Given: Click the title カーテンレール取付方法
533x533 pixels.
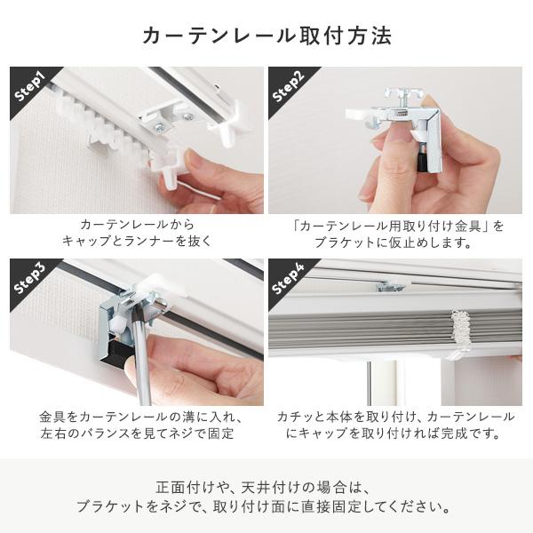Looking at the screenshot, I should (x=266, y=36).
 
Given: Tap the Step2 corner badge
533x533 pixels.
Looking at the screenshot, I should (x=290, y=86).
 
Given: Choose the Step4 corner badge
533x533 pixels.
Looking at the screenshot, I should (x=290, y=279).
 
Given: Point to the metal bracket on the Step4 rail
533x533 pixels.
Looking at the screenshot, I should (x=390, y=286).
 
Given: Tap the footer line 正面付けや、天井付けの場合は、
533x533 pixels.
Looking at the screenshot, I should (x=266, y=488).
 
